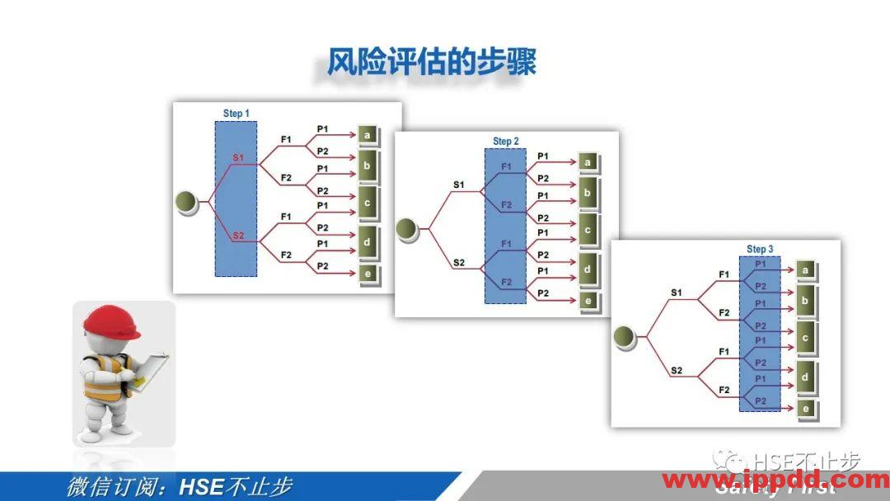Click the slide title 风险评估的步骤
tap(431, 63)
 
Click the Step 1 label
tap(236, 113)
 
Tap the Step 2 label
tap(505, 142)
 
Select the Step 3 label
tap(759, 249)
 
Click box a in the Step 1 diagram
tap(368, 133)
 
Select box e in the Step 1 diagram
tap(368, 274)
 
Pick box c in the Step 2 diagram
tap(588, 231)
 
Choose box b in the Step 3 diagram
tap(805, 301)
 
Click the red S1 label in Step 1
tap(237, 157)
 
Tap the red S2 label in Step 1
tap(237, 236)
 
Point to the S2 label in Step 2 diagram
tap(459, 263)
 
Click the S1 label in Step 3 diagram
tap(677, 292)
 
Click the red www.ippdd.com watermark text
tap(775, 480)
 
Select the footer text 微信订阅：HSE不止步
tap(179, 486)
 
